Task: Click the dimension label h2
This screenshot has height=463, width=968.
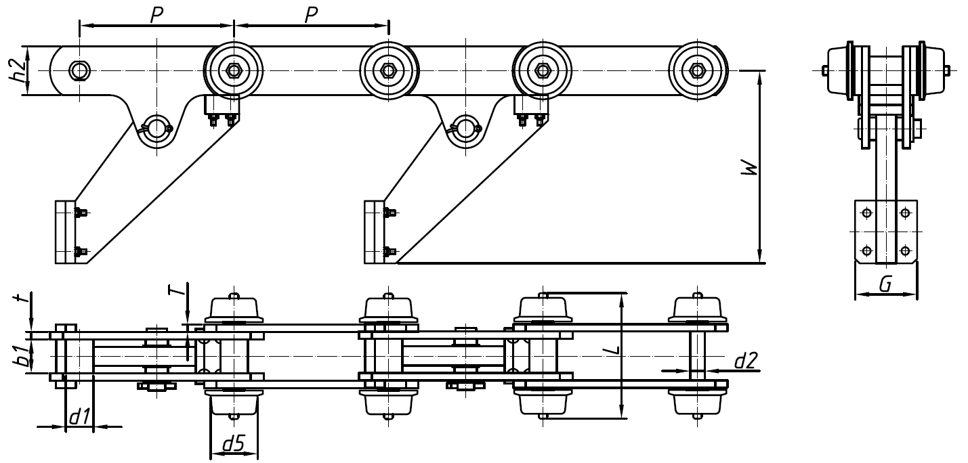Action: coord(21,70)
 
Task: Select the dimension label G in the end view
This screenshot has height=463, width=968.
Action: coord(885,284)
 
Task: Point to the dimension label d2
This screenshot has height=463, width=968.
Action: coord(745,361)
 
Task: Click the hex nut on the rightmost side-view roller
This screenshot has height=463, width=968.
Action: coord(697,70)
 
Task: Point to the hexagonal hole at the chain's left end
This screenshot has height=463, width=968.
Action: coord(80,70)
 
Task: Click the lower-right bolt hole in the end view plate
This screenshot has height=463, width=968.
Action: coord(905,251)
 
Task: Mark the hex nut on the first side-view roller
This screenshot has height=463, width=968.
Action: coord(233,70)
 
